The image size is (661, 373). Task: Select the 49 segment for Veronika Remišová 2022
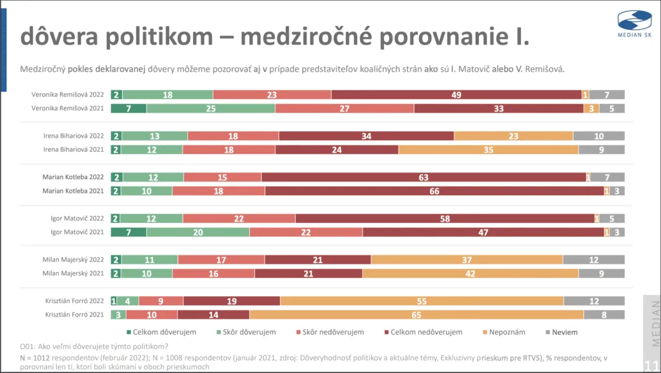pyautogui.click(x=456, y=94)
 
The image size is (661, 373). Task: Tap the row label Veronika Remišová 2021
pyautogui.click(x=68, y=108)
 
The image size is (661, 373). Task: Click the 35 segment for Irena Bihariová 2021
pyautogui.click(x=488, y=149)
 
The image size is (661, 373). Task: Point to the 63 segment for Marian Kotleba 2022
pyautogui.click(x=423, y=177)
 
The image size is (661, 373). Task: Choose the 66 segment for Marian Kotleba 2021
pyautogui.click(x=434, y=191)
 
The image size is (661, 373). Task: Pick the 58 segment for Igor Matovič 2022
pyautogui.click(x=445, y=218)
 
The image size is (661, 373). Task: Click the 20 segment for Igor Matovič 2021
pyautogui.click(x=198, y=232)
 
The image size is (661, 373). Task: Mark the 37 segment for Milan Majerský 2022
pyautogui.click(x=467, y=260)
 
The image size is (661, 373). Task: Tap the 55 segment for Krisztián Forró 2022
pyautogui.click(x=422, y=301)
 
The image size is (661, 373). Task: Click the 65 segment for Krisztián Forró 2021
pyautogui.click(x=416, y=315)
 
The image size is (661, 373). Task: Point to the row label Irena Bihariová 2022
pyautogui.click(x=72, y=136)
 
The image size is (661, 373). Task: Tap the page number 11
pyautogui.click(x=652, y=361)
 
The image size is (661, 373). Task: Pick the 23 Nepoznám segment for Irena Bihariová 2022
pyautogui.click(x=513, y=136)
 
